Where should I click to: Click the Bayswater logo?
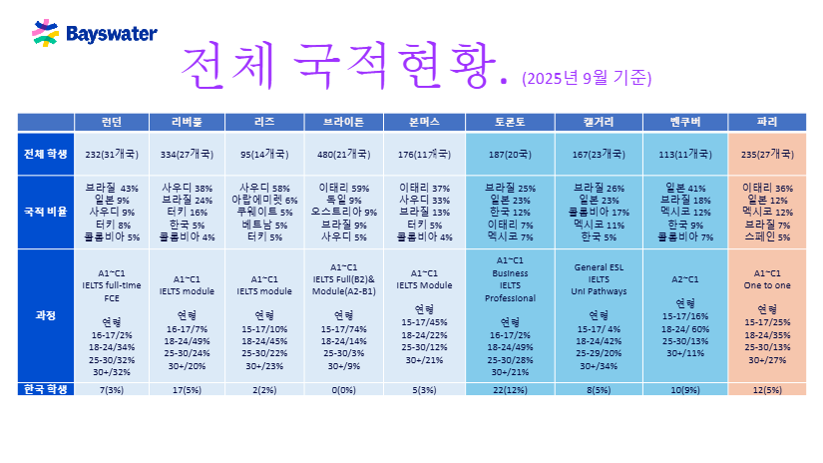[95, 34]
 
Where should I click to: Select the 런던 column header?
[112, 122]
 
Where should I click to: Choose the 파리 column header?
[767, 122]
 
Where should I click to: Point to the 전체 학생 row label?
[46, 154]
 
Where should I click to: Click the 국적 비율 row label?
[46, 213]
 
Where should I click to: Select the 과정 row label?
[46, 315]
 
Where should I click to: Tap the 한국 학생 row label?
[46, 389]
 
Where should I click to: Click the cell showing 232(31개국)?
[112, 154]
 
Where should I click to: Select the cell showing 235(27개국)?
[767, 154]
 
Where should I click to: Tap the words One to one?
[767, 284]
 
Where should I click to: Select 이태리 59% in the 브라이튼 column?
[344, 188]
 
